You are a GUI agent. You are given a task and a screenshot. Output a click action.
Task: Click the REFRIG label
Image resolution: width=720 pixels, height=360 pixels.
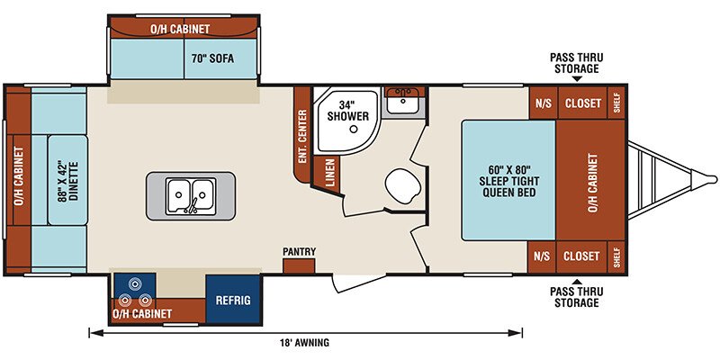pos(233,301)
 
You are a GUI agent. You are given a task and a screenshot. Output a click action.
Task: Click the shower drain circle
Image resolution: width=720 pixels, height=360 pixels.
pos(354,130)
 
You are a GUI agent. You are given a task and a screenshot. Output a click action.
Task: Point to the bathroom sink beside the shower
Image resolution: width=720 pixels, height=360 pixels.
pos(402,101)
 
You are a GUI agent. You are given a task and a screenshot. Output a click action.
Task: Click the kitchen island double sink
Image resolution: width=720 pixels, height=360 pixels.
pos(191,195)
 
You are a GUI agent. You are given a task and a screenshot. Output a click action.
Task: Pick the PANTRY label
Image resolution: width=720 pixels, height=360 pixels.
pos(299,252)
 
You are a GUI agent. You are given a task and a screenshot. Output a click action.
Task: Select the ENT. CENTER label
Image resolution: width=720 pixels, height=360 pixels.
pos(302,137)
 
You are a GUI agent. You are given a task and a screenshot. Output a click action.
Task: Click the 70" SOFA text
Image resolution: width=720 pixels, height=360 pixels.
pos(212,58)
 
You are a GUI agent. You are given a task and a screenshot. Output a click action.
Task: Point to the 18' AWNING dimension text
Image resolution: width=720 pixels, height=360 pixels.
pos(305,342)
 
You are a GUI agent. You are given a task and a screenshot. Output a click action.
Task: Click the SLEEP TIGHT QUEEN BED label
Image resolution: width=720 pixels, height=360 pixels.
pos(508,181)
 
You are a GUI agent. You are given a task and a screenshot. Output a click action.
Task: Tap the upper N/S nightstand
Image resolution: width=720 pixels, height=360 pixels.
pos(543,103)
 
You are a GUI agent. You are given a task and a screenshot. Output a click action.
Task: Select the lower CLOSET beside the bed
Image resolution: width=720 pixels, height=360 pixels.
pos(582,256)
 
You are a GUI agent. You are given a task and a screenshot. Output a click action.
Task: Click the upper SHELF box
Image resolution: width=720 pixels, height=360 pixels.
pos(616,103)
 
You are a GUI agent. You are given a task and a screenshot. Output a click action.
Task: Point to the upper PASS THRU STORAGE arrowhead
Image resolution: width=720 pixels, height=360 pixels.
pos(577,79)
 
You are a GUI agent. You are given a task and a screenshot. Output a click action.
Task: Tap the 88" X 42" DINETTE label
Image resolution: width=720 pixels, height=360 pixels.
pos(67,181)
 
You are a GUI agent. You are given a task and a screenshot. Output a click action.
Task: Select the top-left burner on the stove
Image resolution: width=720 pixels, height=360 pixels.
pos(134,284)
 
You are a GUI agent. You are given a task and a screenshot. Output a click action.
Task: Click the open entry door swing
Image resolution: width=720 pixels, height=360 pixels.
pos(358,283)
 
